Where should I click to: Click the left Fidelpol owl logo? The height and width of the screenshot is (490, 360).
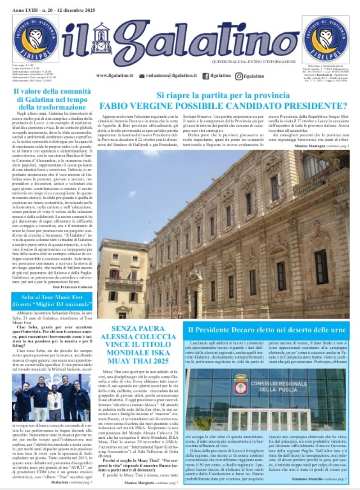[36, 39]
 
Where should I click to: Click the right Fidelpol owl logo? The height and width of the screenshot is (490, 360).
[325, 39]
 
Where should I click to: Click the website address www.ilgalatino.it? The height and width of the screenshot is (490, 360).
[114, 76]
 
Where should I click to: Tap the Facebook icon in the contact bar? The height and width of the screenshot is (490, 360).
[206, 76]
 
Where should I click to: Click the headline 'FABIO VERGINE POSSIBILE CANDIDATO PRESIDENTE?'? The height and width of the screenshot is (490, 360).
[224, 106]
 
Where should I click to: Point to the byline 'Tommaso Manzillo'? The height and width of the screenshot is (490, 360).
[307, 479]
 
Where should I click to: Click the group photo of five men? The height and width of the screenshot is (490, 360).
[51, 397]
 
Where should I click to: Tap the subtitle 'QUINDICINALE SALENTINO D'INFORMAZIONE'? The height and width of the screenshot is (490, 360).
[254, 62]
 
